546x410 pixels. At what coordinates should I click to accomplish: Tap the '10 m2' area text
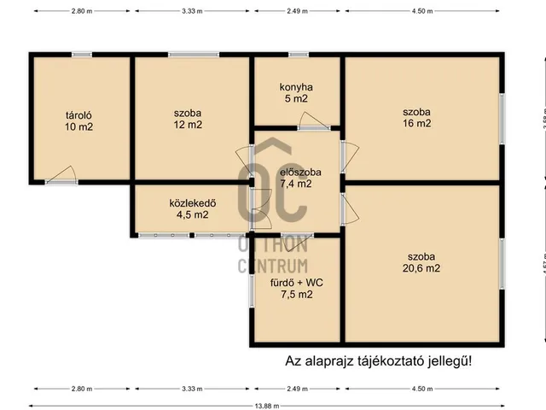pyautogui.click(x=79, y=127)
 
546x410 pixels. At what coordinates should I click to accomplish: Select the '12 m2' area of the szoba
pyautogui.click(x=188, y=125)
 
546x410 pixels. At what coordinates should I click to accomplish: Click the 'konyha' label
pyautogui.click(x=296, y=86)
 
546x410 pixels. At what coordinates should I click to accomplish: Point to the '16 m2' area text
pyautogui.click(x=418, y=123)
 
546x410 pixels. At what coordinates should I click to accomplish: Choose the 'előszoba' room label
pyautogui.click(x=293, y=171)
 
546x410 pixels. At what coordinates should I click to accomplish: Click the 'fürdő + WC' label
pyautogui.click(x=296, y=283)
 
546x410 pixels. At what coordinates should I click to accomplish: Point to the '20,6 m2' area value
pyautogui.click(x=421, y=268)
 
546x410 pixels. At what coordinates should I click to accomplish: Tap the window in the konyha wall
pyautogui.click(x=299, y=55)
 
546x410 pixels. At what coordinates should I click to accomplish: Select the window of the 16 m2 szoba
pyautogui.click(x=502, y=118)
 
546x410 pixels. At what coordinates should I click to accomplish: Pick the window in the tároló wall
pyautogui.click(x=81, y=55)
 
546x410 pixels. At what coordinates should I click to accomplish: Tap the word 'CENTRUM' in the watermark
pyautogui.click(x=272, y=266)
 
